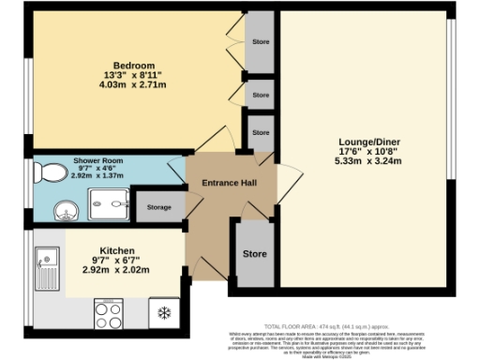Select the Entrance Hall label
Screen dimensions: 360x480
[230, 184]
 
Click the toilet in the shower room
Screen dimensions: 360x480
[49, 173]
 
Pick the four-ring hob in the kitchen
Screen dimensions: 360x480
[110, 312]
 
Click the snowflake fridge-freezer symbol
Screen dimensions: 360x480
[162, 312]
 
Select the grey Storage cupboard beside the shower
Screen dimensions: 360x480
[158, 206]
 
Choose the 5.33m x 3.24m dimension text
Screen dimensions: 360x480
[368, 161]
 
